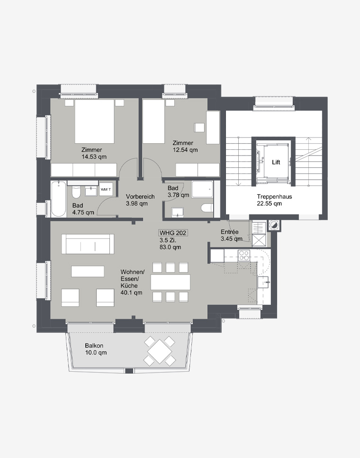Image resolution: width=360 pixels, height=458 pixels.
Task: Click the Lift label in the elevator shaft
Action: [x=276, y=162]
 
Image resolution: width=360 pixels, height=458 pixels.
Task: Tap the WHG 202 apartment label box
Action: [x=173, y=233]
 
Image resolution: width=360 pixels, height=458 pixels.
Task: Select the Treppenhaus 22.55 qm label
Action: [x=274, y=200]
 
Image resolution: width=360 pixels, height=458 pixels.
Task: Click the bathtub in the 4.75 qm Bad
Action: [x=58, y=199]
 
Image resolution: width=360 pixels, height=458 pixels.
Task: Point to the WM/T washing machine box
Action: [x=106, y=189]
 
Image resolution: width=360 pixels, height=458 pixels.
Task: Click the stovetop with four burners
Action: [x=244, y=255]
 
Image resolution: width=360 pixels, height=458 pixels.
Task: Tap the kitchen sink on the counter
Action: [x=264, y=282]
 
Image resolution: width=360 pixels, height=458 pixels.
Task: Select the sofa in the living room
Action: [x=88, y=244]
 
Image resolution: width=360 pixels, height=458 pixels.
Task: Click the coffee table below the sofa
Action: [x=88, y=271]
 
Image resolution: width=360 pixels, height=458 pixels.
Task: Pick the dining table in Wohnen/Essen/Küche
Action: [x=171, y=282]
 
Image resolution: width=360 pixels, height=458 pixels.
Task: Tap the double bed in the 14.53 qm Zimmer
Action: [x=94, y=121]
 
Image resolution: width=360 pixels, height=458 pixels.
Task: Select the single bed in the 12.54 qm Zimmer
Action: [x=153, y=121]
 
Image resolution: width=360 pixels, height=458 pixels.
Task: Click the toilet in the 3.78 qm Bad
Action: [x=207, y=208]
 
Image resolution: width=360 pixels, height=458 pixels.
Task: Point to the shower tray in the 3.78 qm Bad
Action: [x=202, y=190]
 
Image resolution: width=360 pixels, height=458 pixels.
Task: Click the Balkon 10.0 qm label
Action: [x=96, y=349]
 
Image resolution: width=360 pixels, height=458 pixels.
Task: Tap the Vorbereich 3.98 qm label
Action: [x=140, y=200]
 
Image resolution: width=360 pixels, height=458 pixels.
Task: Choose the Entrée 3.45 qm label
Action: [x=231, y=235]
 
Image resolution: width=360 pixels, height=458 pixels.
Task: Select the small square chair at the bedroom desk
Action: [x=199, y=128]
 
